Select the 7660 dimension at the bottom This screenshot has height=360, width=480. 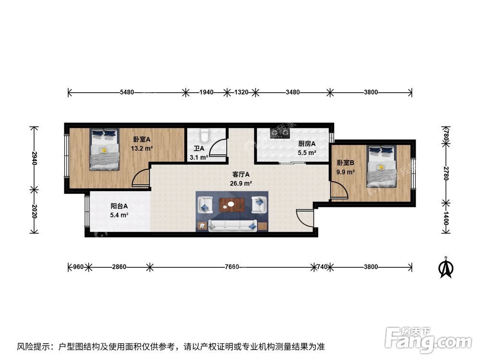click(x=232, y=267)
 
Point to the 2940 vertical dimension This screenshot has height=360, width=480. click(x=34, y=158)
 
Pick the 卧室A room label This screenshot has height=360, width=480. click(x=142, y=140)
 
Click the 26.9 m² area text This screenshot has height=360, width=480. click(x=241, y=183)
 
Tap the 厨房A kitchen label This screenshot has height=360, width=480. click(x=307, y=144)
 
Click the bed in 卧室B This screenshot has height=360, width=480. click(x=382, y=166)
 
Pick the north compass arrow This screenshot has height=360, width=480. click(x=446, y=268)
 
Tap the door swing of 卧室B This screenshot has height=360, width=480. click(x=338, y=191)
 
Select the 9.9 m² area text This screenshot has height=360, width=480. click(x=346, y=172)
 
